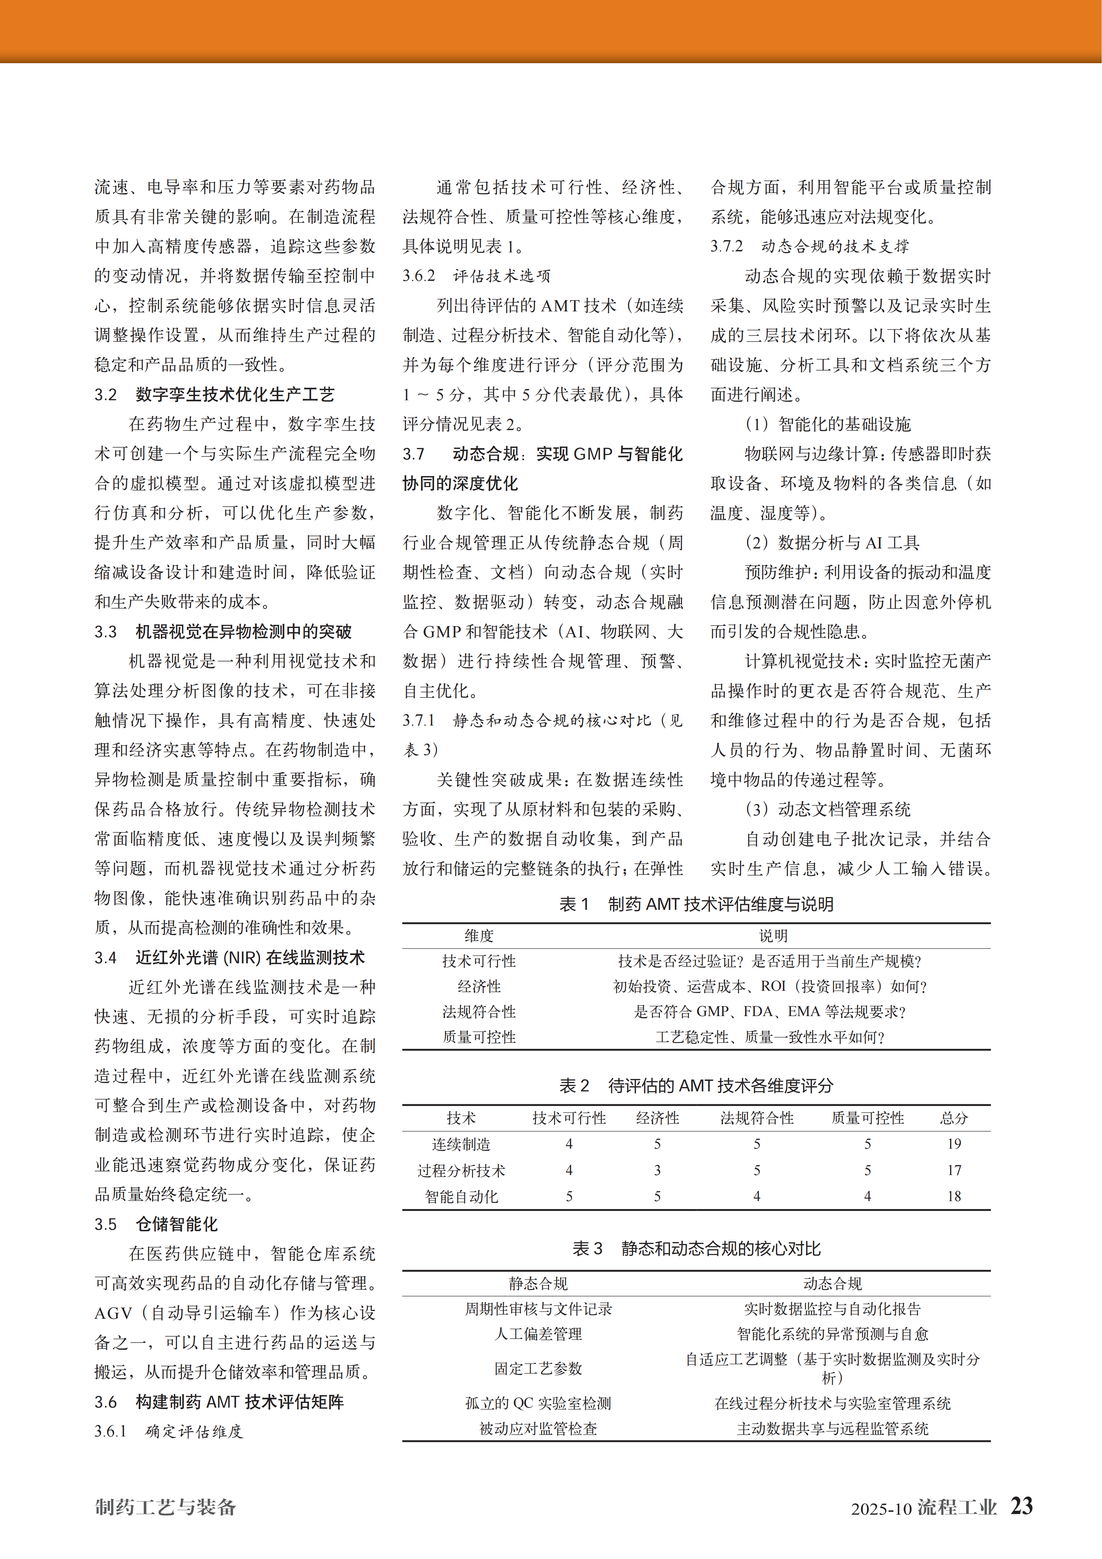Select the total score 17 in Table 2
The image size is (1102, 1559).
point(954,1170)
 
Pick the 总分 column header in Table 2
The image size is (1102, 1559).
point(954,1118)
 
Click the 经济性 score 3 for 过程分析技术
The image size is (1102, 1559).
point(657,1170)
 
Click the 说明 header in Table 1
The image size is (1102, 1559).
point(773,936)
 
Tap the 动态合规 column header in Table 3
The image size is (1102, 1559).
point(832,1283)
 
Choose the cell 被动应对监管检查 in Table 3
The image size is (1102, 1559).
point(538,1428)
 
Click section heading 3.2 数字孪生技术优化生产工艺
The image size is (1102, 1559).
point(214,394)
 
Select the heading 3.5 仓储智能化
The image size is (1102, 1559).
point(156,1224)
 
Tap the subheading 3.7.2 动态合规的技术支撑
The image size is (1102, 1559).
point(809,246)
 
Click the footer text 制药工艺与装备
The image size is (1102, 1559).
point(165,1507)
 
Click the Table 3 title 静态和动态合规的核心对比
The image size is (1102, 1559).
point(697,1249)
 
